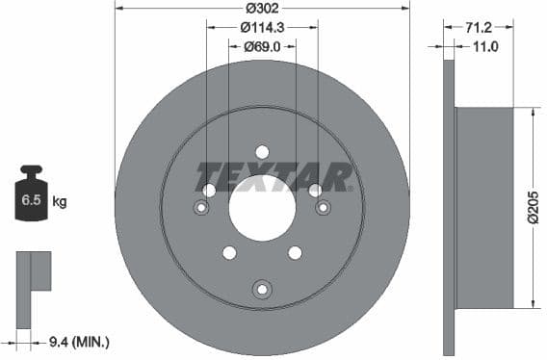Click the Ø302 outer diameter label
pyautogui.click(x=262, y=8)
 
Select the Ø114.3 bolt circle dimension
pyautogui.click(x=262, y=27)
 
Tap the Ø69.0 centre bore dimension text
pyautogui.click(x=262, y=45)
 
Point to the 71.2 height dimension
pyautogui.click(x=479, y=29)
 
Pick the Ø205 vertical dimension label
pyautogui.click(x=534, y=207)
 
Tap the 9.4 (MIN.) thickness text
pyautogui.click(x=78, y=341)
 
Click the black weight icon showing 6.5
pyautogui.click(x=31, y=197)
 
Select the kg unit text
pyautogui.click(x=59, y=202)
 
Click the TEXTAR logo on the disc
pyautogui.click(x=274, y=177)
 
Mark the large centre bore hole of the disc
pyautogui.click(x=262, y=207)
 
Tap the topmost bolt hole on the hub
pyautogui.click(x=262, y=151)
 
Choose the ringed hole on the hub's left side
pyautogui.click(x=201, y=208)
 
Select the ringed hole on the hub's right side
pyautogui.click(x=323, y=207)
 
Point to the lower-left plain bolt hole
pyautogui.click(x=229, y=252)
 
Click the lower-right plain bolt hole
pyautogui.click(x=295, y=252)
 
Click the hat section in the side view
pyautogui.click(x=484, y=208)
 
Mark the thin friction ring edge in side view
pyautogui.click(x=448, y=207)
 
